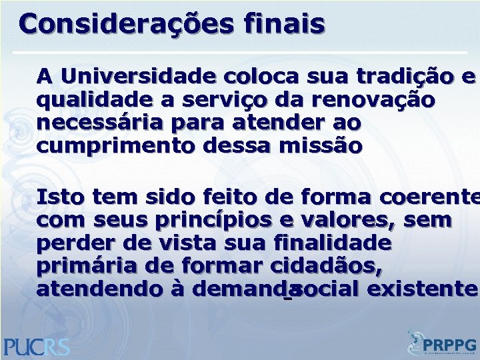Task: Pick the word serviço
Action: coord(219,100)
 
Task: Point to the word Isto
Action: coord(59,197)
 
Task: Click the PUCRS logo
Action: coord(37,345)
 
